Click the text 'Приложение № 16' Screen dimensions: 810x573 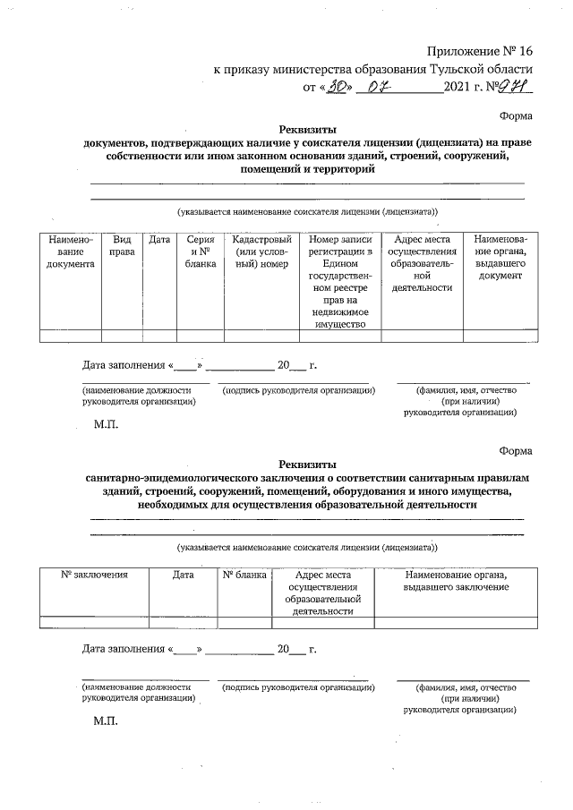[479, 52]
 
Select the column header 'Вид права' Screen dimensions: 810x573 [122, 246]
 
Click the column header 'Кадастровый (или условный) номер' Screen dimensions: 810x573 [261, 252]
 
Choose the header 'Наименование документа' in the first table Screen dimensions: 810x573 [70, 252]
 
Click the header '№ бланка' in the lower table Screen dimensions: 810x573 [244, 575]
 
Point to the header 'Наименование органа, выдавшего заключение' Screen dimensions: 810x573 [457, 580]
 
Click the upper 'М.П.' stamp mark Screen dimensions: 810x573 [106, 424]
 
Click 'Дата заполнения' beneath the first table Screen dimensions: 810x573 [124, 366]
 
